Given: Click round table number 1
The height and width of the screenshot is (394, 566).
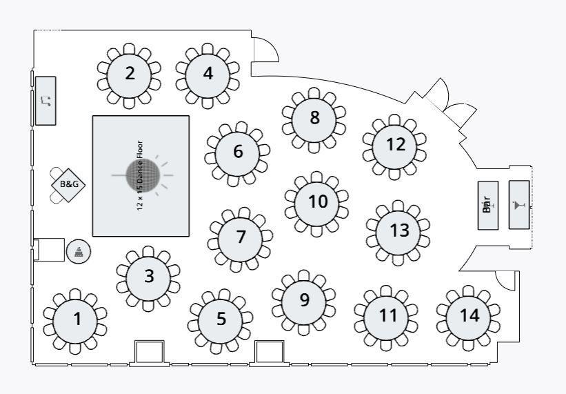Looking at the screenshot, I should click(x=77, y=319).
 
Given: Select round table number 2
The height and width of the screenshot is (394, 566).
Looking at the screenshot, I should click(x=130, y=74).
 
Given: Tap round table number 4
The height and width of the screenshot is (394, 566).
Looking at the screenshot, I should click(x=208, y=74).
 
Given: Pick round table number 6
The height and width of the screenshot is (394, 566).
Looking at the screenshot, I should click(x=238, y=152).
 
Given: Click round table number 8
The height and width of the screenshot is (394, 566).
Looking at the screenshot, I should click(x=314, y=118).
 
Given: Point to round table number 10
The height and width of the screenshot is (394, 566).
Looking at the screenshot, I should click(x=317, y=202).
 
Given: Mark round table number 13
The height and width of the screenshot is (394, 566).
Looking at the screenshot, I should click(x=399, y=230).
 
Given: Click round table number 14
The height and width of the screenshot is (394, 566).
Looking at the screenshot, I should click(x=469, y=316).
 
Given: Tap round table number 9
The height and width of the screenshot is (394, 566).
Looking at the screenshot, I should click(x=304, y=300).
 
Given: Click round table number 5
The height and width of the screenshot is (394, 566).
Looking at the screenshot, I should click(x=221, y=319).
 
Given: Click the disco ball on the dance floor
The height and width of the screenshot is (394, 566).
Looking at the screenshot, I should click(x=143, y=176).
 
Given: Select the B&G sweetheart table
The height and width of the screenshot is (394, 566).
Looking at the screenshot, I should click(x=69, y=184).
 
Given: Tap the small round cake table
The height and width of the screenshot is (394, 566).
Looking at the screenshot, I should click(x=77, y=251).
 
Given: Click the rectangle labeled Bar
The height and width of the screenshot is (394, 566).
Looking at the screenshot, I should click(x=487, y=205).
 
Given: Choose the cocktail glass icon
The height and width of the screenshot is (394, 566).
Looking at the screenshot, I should click(x=519, y=205).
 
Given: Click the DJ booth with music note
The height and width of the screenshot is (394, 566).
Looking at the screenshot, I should click(x=46, y=101).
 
